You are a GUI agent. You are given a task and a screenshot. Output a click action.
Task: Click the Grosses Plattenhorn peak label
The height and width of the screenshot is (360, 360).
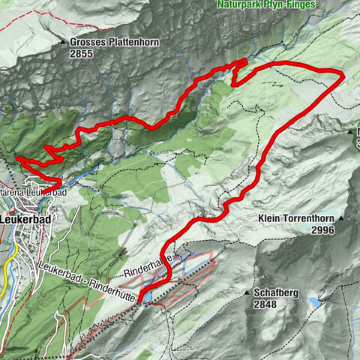click(x=114, y=42)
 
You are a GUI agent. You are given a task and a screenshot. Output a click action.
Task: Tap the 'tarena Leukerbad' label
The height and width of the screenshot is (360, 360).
click(x=33, y=193)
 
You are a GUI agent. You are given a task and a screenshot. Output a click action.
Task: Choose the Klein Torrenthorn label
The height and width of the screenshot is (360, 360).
click(x=295, y=219)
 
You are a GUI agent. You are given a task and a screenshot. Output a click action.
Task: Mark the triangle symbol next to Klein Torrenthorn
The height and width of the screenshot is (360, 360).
click(x=341, y=219)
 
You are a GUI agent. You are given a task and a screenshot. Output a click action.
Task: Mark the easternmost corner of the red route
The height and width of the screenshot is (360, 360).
click(x=343, y=76)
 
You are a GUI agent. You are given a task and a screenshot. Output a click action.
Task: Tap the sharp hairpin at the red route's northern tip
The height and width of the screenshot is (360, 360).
click(x=245, y=61)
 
